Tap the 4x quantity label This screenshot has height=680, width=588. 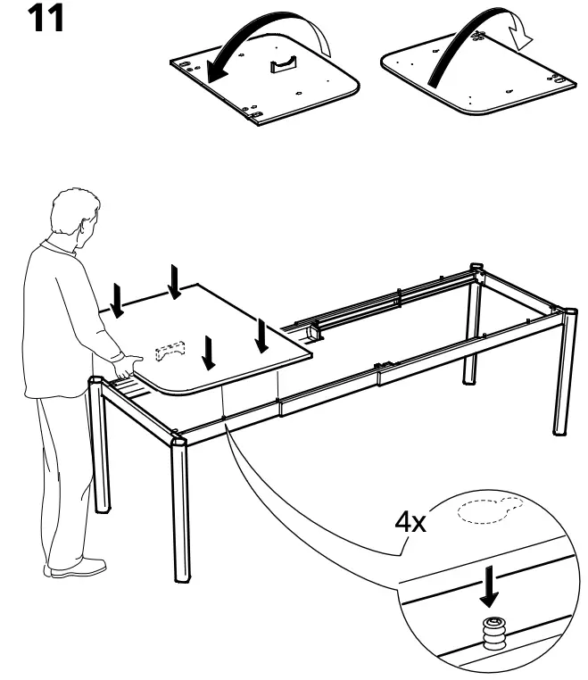click(x=411, y=522)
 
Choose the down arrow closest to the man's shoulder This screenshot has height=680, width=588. click(x=118, y=300)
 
